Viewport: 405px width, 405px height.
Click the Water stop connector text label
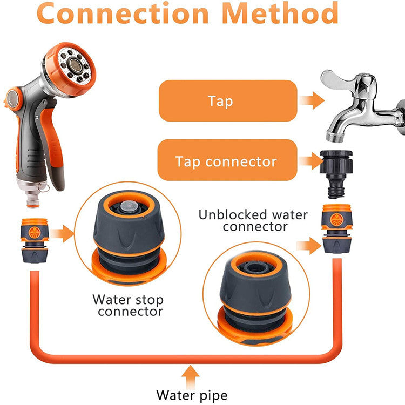coord(127,305)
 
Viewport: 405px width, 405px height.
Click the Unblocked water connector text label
coord(253,220)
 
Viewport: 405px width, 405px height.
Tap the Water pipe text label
coord(192,394)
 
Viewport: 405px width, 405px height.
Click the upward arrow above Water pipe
coord(190,373)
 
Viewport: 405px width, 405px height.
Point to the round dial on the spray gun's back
coord(13,98)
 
